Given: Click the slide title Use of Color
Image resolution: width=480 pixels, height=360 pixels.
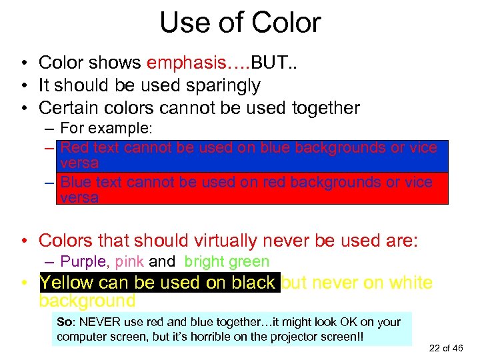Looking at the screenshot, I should [240, 23].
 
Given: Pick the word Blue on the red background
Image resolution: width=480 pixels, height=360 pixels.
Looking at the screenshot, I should [76, 182].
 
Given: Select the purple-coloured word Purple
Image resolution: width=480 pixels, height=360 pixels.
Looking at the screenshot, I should [85, 262].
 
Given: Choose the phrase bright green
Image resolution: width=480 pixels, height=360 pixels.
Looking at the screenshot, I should [227, 262].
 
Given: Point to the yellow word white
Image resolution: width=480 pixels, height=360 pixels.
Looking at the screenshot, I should [410, 283].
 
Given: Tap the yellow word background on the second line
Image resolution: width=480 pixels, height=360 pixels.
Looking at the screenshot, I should [87, 301].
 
